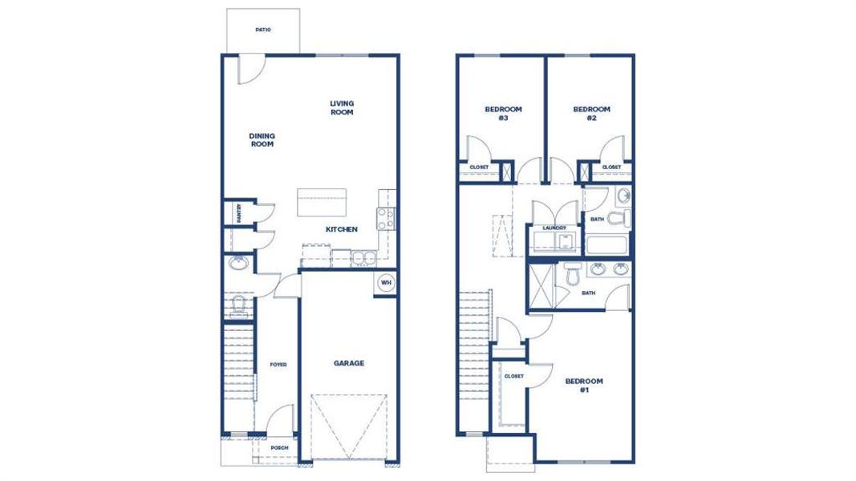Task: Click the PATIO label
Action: tap(262, 30)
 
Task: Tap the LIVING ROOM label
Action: tap(342, 107)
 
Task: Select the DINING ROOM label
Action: tap(262, 140)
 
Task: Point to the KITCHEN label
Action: tap(341, 229)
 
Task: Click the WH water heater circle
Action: tap(385, 283)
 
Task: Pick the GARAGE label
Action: tap(349, 363)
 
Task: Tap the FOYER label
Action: tap(278, 365)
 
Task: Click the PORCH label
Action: tap(279, 448)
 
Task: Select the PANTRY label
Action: tap(239, 212)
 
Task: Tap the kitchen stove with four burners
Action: tap(386, 219)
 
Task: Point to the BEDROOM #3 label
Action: tap(503, 113)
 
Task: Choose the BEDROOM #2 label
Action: tap(591, 113)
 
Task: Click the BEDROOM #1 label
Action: tap(584, 386)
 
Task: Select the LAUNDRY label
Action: tap(554, 228)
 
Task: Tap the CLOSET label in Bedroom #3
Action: tap(479, 168)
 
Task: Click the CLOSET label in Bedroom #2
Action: tap(611, 168)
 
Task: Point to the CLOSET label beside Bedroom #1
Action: tap(513, 376)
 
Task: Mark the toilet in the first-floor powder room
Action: tap(239, 305)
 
